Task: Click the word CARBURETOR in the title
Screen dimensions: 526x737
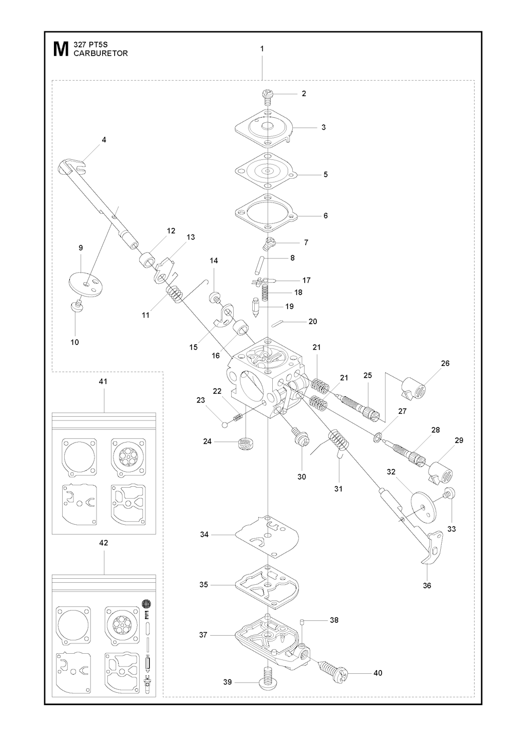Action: click(x=101, y=53)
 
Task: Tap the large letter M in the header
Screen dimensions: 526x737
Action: click(x=62, y=50)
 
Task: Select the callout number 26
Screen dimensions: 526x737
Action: click(x=445, y=363)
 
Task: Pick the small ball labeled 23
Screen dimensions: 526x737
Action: click(x=224, y=425)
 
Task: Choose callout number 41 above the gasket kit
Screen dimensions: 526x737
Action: click(x=103, y=382)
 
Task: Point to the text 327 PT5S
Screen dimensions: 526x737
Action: click(x=89, y=45)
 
